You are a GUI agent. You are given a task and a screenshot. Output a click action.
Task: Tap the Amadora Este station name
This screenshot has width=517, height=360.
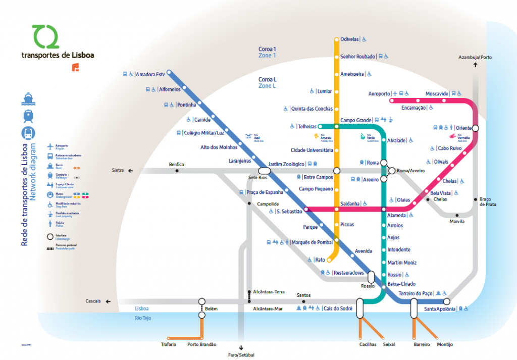coord(151,75)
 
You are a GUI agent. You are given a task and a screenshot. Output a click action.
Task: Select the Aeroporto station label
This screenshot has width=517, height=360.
coord(379,94)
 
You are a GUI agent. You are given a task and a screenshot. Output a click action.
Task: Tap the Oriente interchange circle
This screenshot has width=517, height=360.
coord(475,128)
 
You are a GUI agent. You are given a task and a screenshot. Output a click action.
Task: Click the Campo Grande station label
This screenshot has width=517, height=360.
coord(355,120)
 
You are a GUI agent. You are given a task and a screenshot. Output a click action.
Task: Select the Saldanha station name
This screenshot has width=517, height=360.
coord(350,203)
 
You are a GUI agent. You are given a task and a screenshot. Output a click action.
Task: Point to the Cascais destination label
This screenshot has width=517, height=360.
coord(93,301)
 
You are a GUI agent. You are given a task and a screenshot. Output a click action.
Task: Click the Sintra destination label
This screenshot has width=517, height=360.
coord(118,171)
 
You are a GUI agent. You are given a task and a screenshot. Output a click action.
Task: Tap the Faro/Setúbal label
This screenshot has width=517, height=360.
coord(241,355)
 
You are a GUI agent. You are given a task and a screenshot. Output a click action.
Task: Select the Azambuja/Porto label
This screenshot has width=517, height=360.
coord(475,57)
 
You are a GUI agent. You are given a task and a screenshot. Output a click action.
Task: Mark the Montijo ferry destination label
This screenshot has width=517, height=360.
coord(445,344)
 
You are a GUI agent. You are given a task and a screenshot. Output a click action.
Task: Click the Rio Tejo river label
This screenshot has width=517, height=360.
coord(143,318)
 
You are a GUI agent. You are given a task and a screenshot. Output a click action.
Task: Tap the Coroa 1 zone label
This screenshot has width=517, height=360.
coord(268,49)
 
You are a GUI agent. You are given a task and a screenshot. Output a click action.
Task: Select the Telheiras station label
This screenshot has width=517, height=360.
coord(307,126)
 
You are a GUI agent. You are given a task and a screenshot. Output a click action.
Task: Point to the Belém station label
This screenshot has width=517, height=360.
coord(211,308)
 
